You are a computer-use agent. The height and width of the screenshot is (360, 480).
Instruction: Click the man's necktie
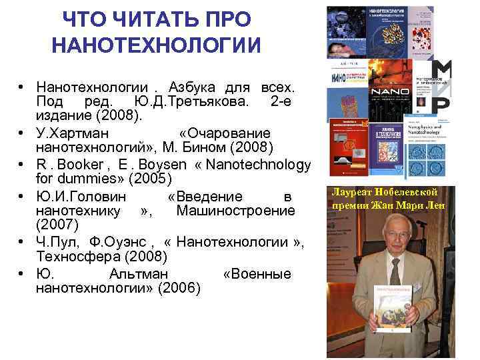coord(394,271)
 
